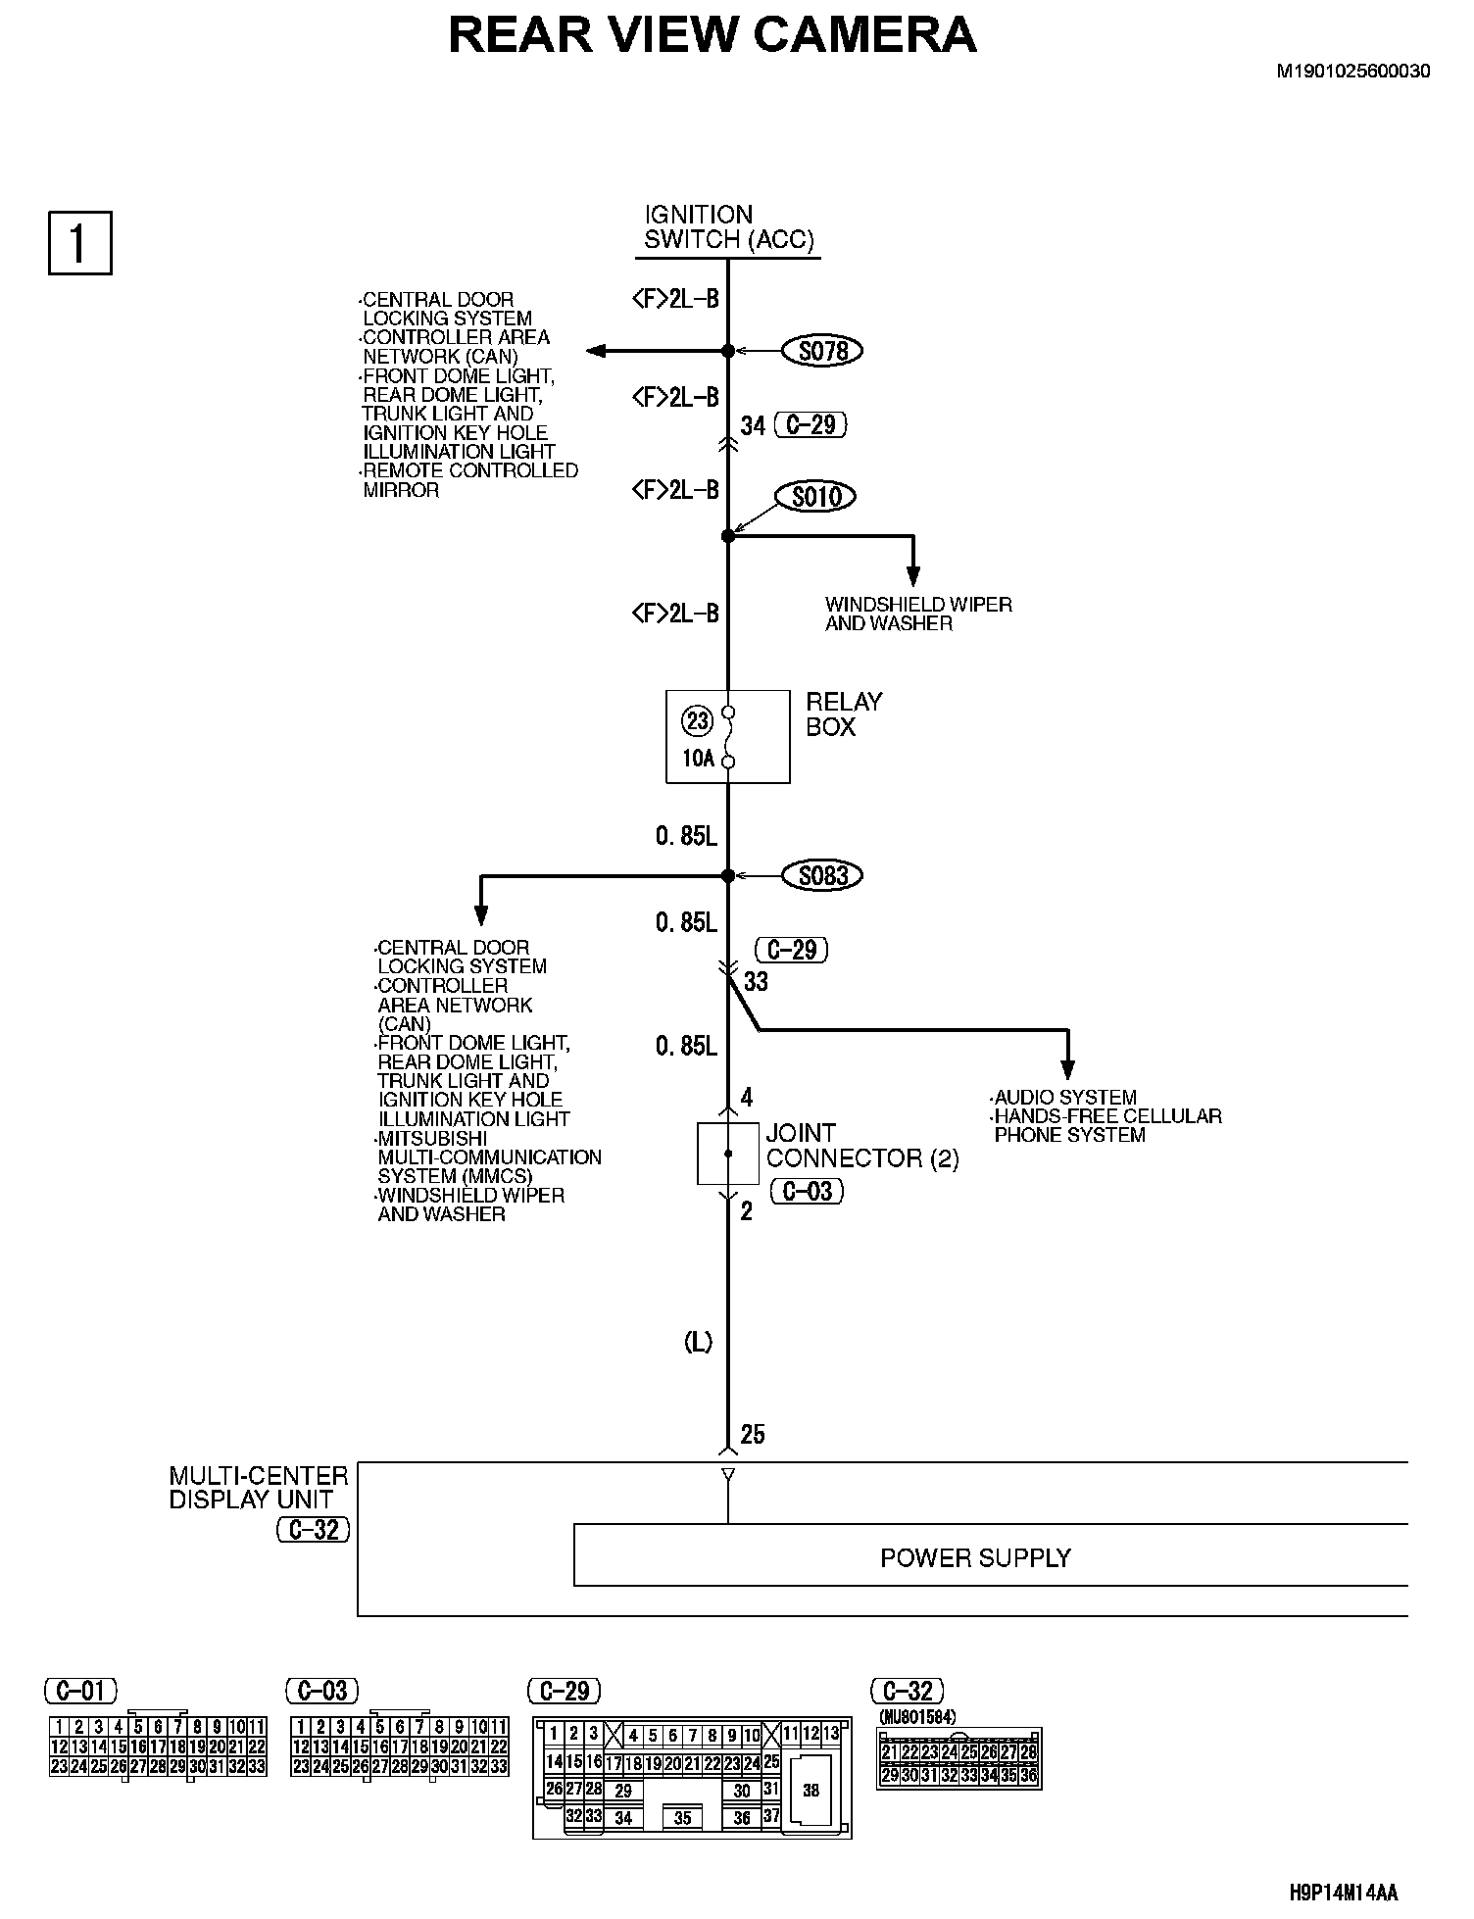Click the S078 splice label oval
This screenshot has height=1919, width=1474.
point(822,351)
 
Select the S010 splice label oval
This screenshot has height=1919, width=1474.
point(815,497)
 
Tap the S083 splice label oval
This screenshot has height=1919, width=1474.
point(822,875)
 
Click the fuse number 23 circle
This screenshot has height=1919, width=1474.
point(697,721)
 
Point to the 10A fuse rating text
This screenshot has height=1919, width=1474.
point(698,758)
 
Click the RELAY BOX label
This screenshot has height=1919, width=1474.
point(830,714)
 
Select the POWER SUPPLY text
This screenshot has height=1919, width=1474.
point(975,1557)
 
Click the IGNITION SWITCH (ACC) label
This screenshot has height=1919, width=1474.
point(729,227)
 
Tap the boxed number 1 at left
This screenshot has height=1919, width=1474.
point(79,243)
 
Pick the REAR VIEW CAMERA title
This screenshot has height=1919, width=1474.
point(712,35)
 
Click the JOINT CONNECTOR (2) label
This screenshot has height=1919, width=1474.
point(861,1146)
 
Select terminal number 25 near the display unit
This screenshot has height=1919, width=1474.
point(753,1435)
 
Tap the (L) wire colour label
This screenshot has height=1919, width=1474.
point(698,1343)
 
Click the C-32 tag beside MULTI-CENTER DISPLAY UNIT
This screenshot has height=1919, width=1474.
point(314,1530)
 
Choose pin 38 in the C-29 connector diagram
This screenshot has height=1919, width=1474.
point(811,1791)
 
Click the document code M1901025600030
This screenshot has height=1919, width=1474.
point(1352,72)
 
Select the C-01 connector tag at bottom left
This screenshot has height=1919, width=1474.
point(81,1691)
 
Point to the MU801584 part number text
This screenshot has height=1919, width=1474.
point(917,1717)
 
